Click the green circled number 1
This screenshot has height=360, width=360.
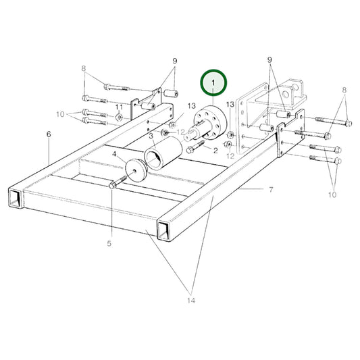pos(213,84)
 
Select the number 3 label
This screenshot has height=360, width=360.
pos(151,136)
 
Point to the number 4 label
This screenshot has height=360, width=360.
pos(114,155)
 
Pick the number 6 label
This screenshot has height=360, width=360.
pos(49,134)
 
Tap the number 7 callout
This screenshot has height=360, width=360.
pos(270,190)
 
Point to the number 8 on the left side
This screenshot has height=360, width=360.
pos(84,68)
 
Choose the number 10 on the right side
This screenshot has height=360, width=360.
pos(332,195)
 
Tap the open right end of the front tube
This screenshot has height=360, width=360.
pos(163,230)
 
